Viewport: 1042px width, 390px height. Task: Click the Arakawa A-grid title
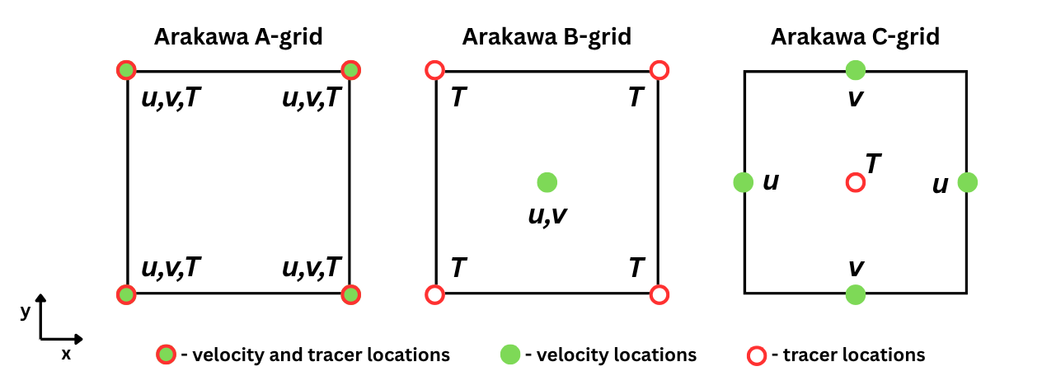[x=238, y=37]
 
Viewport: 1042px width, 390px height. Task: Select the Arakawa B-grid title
[x=547, y=37]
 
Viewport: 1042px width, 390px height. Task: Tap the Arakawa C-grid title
[x=856, y=37]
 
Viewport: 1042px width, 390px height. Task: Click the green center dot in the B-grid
[x=547, y=181]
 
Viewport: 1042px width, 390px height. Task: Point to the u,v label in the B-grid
[x=547, y=215]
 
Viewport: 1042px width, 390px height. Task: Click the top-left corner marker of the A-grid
[x=126, y=70]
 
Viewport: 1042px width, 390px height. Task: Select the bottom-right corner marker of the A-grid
[x=351, y=294]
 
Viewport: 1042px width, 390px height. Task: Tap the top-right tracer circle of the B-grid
[x=659, y=70]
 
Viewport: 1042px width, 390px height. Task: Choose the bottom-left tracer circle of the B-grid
[x=435, y=294]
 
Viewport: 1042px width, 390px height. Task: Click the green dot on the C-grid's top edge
[x=856, y=70]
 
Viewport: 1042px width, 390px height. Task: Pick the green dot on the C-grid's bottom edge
[x=856, y=294]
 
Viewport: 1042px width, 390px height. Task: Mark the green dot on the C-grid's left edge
[x=743, y=181]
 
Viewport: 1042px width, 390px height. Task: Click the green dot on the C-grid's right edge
[x=968, y=181]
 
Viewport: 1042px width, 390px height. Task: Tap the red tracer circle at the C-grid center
[x=856, y=181]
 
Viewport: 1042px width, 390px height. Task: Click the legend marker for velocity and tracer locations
[x=166, y=355]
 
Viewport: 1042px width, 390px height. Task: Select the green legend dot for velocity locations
[x=510, y=355]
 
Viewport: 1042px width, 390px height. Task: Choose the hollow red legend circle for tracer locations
[x=755, y=355]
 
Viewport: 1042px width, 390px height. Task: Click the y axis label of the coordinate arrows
[x=26, y=311]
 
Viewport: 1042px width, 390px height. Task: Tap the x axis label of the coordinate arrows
[x=66, y=355]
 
